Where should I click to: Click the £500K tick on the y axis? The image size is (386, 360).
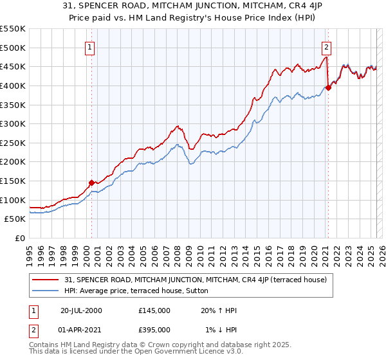point(13,48)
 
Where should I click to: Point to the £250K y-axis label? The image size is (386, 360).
point(13,143)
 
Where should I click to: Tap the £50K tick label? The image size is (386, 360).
point(15,219)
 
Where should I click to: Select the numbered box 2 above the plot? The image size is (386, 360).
point(327,46)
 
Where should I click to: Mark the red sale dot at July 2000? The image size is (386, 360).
point(91,183)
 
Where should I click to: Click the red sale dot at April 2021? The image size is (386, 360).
point(328,88)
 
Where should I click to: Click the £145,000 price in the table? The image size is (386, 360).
point(154,310)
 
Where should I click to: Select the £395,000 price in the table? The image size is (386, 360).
point(154,329)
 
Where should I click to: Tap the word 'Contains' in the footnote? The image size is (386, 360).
point(44,345)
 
